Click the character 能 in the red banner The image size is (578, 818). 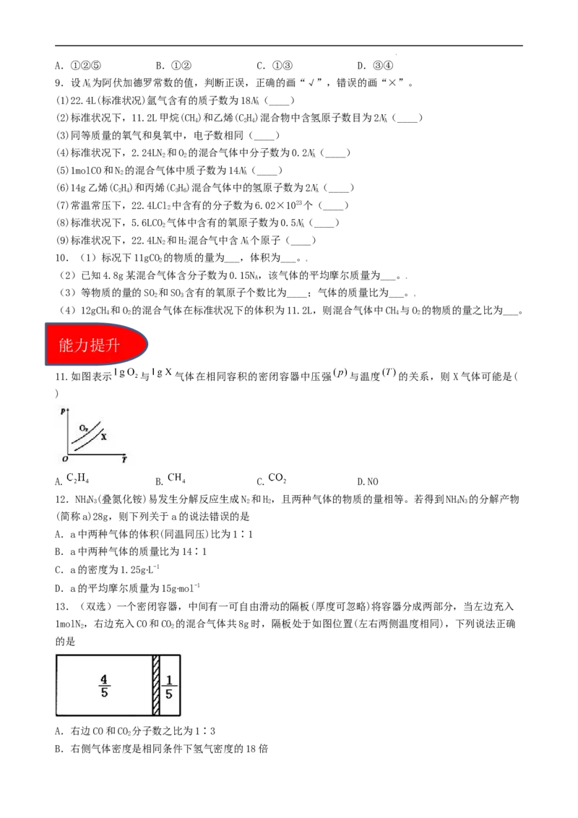point(66,346)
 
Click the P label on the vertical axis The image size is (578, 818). point(64,410)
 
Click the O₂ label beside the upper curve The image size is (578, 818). point(85,429)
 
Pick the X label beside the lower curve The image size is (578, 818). point(103,437)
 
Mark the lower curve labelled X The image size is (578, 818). point(87,443)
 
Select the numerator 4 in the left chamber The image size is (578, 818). point(104,679)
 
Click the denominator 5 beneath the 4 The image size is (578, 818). point(104,693)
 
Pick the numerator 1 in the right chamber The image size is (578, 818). point(169,680)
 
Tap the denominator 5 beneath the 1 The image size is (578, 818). point(169,694)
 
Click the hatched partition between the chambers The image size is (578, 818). point(156,685)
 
